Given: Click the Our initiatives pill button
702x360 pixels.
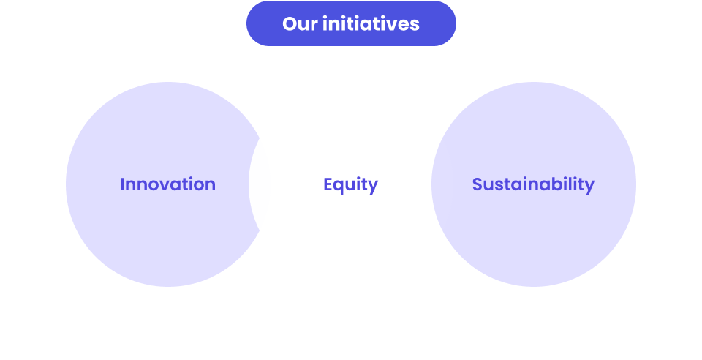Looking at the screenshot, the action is click(351, 23).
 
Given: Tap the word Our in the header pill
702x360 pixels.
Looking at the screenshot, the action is click(298, 23).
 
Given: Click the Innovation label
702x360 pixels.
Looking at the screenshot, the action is click(167, 184).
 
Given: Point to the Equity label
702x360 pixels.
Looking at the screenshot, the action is click(350, 185).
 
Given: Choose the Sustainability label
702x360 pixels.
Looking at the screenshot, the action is click(533, 184).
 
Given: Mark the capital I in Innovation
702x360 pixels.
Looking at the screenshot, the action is click(122, 184).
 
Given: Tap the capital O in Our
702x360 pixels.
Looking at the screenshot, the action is click(290, 23).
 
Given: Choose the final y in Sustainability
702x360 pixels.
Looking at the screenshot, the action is click(589, 187).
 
